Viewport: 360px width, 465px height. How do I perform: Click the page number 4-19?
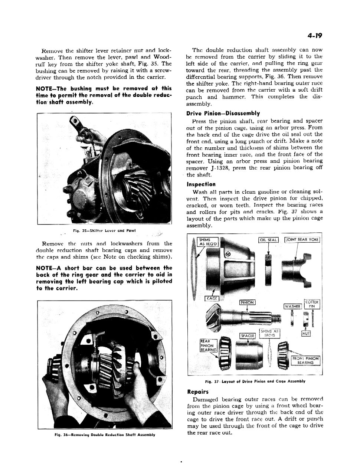coord(314,36)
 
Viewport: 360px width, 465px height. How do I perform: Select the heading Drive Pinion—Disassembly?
coord(223,114)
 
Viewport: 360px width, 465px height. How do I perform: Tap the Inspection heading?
coord(201,184)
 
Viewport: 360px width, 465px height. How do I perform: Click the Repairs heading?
coord(198,392)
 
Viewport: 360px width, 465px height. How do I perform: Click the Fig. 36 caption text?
coord(104,435)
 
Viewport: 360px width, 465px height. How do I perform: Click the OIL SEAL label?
coord(268,240)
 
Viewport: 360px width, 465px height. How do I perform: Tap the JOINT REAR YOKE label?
coord(302,240)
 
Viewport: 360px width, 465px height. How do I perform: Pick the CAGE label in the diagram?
coord(212,299)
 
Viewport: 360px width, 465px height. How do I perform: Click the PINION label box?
coord(247,302)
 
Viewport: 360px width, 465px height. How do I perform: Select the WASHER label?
coord(292,306)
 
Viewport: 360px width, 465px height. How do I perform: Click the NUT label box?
coord(306,333)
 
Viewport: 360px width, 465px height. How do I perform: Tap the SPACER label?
coord(247,336)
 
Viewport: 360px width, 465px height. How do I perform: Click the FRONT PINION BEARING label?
coord(305,360)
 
